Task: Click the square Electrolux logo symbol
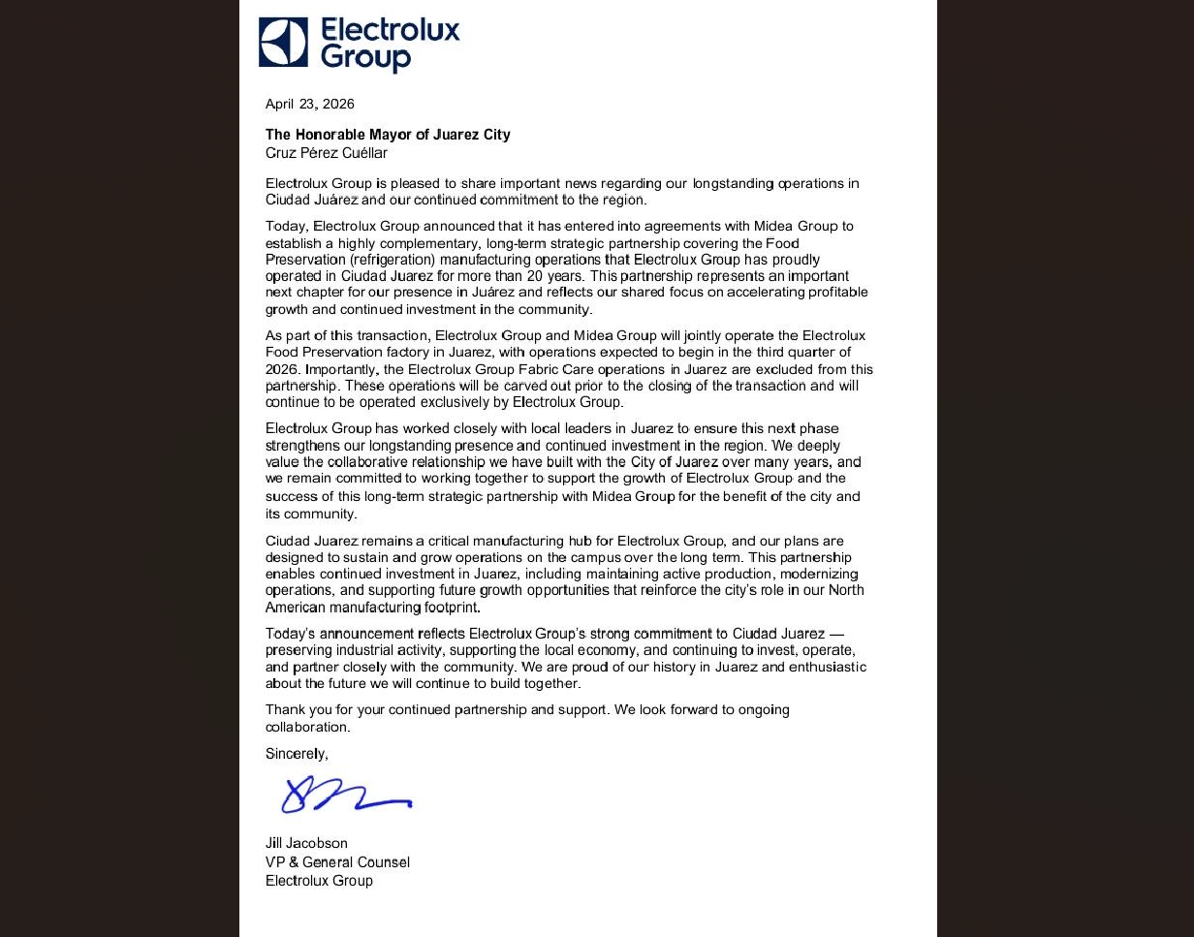click(283, 43)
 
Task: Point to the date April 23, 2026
click(310, 104)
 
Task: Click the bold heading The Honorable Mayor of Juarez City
click(388, 135)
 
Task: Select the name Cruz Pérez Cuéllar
click(327, 153)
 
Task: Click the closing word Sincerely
click(297, 754)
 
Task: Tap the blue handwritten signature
click(344, 796)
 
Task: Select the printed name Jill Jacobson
click(306, 843)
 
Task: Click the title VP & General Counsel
click(337, 862)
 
